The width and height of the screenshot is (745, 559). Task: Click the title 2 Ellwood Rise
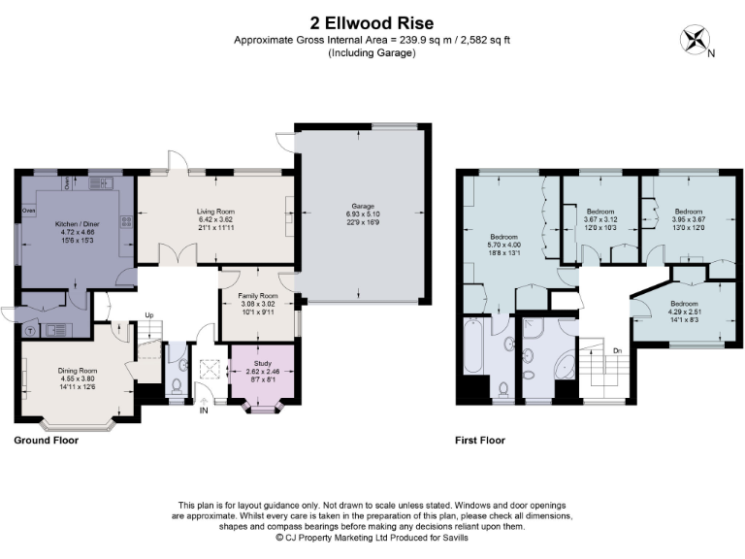point(372,22)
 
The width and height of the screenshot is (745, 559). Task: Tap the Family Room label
point(258,295)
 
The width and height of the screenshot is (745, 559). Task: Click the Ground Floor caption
point(46,440)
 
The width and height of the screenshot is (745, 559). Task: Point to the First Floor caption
point(480,440)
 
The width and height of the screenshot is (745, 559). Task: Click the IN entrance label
point(203,411)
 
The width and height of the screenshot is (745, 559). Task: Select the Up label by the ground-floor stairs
point(149,314)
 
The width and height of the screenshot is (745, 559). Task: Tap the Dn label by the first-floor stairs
point(617,350)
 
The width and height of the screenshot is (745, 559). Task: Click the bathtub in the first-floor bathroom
point(476,344)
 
